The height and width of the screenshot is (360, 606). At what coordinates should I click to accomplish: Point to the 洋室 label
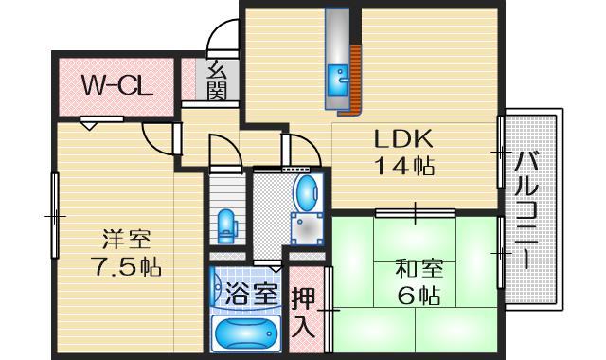(126, 239)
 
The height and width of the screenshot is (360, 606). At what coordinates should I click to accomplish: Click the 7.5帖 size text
(126, 266)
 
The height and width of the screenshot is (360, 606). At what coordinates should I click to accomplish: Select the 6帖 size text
(418, 296)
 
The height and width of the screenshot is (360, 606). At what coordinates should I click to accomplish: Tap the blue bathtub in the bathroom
(245, 333)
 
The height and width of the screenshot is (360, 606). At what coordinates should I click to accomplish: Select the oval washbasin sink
(307, 193)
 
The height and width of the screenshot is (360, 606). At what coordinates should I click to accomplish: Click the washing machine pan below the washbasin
(307, 230)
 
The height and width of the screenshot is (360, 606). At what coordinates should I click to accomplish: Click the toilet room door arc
(223, 152)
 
